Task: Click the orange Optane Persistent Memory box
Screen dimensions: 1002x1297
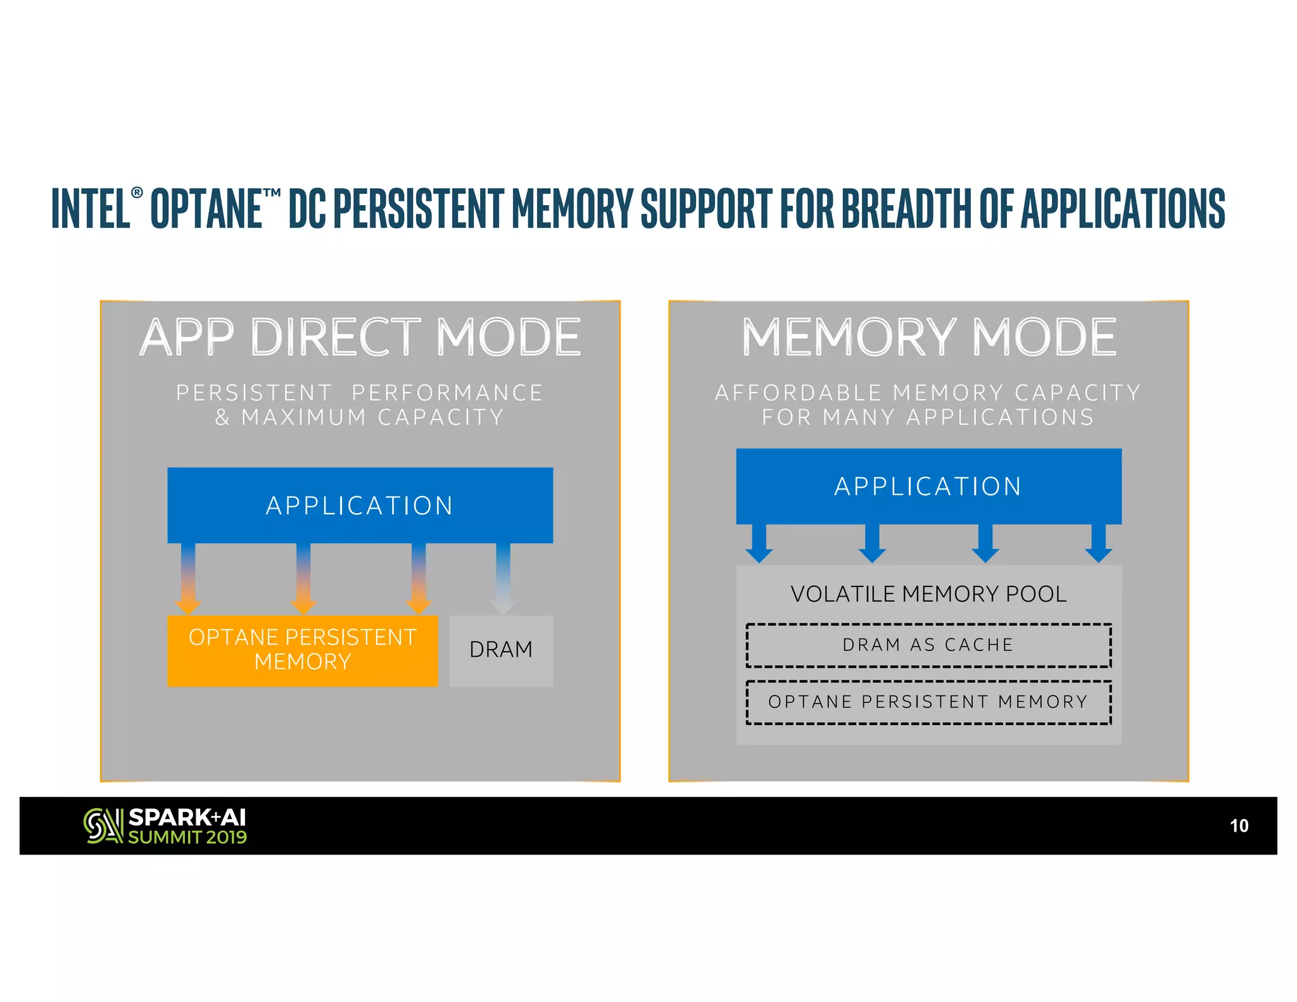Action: tap(302, 650)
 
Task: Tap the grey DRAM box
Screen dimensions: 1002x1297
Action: tap(501, 650)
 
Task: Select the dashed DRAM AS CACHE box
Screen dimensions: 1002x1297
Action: tap(928, 645)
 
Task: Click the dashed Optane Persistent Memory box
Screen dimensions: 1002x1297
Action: tap(928, 702)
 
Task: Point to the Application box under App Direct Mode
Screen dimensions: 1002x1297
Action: tap(360, 505)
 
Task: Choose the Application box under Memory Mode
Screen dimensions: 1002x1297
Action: tap(928, 486)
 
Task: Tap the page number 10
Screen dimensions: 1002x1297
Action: tap(1239, 826)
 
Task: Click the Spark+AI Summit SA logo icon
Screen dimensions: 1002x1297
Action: tap(103, 826)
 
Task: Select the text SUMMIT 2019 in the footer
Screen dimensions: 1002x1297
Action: tap(187, 837)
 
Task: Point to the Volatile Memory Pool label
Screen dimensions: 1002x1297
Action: tap(928, 594)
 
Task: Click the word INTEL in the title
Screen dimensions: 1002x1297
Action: tap(91, 208)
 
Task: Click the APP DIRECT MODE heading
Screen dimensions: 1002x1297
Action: tap(360, 337)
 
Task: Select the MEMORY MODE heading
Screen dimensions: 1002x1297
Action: tap(928, 337)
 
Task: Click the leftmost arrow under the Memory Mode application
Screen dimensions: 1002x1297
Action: tap(759, 543)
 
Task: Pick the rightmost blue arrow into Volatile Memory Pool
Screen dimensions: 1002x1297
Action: tap(1098, 543)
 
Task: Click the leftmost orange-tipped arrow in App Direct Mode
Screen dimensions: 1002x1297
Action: tap(188, 578)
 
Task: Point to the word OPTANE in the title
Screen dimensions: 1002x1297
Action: tap(206, 208)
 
